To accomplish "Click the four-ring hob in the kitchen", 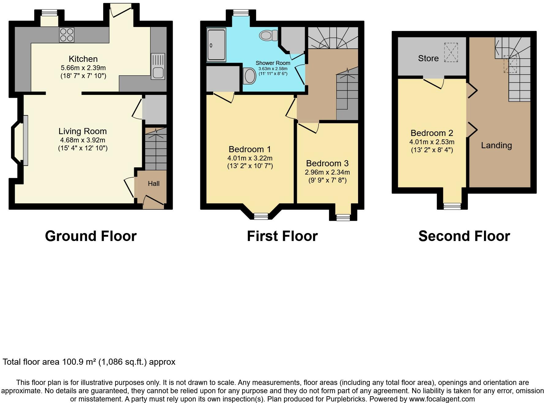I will [67, 35].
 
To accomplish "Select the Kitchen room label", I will [83, 59].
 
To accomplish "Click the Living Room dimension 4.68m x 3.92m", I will [83, 140].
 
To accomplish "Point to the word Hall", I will [153, 183].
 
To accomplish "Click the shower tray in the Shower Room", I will [216, 44].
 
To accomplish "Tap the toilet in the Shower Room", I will [267, 36].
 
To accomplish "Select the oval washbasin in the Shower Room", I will [250, 76].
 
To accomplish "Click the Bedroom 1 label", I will [250, 149].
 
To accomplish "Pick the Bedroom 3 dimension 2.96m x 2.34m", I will [327, 172].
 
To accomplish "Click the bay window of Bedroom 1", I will [261, 216].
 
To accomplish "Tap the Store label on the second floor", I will [428, 58].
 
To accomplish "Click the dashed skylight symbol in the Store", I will [451, 53].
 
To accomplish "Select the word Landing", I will [496, 145].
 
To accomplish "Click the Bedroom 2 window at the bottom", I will [452, 206].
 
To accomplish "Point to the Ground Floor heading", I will [91, 236].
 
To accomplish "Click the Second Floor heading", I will [464, 236].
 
